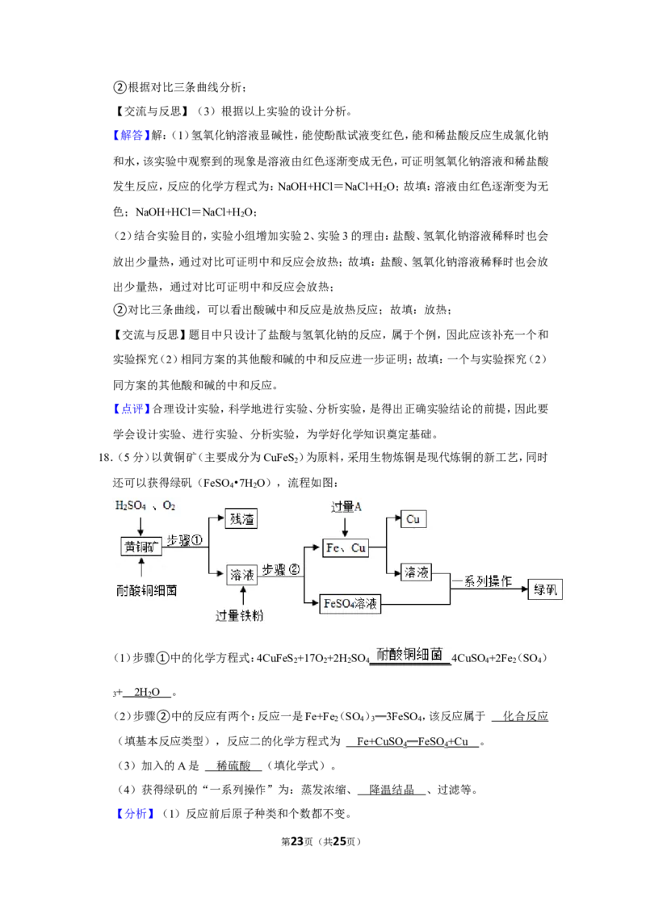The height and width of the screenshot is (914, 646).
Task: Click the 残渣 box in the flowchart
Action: pos(241,519)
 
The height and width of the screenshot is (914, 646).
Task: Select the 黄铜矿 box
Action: pos(141,547)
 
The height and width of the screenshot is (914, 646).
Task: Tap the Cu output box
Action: pos(413,519)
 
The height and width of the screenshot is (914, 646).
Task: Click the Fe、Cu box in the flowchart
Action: pos(346,548)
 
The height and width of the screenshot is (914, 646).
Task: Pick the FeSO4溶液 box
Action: pos(350,604)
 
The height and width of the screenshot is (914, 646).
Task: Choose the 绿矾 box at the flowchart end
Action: pos(545,589)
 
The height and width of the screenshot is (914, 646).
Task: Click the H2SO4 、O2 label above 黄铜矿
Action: pos(145,506)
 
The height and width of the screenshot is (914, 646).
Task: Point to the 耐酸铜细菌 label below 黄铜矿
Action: pos(146,590)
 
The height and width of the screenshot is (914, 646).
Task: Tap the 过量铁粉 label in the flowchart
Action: pos(239,615)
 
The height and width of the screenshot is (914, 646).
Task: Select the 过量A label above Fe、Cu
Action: pos(346,506)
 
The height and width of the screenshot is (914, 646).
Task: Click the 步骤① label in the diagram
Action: pos(184,540)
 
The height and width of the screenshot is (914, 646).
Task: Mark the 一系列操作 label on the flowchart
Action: pos(482,581)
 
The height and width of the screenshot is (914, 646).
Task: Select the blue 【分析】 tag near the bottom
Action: pos(133,813)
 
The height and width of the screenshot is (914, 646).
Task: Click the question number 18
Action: pos(104,458)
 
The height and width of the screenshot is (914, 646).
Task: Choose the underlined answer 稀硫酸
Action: pos(233,765)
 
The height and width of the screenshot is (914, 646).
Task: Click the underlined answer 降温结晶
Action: pos(392,790)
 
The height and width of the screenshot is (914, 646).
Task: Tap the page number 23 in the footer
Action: pos(297,841)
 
